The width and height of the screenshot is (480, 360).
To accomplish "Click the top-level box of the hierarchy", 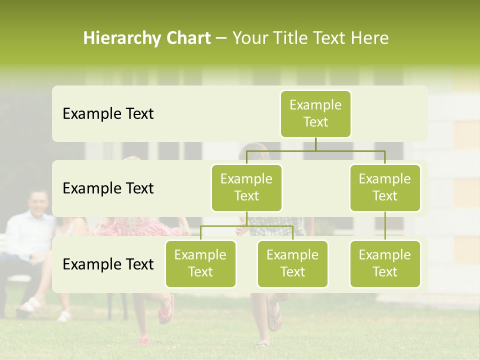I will [x=315, y=114].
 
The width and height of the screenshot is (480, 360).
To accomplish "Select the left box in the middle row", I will [x=246, y=188].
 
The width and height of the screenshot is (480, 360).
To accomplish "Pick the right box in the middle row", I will [x=385, y=188].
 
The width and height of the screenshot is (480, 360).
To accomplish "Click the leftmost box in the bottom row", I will [x=200, y=264].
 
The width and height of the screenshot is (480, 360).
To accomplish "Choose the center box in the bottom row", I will [x=292, y=264].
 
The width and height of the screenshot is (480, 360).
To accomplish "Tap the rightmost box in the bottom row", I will [x=385, y=264].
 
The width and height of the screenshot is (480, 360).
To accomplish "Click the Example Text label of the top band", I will [x=108, y=114].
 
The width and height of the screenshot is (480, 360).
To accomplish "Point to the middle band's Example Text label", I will [x=108, y=188].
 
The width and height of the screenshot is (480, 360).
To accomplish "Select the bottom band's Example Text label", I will [x=108, y=264].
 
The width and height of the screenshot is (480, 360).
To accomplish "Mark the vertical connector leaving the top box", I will [x=315, y=144].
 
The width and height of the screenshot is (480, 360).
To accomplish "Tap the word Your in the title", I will [x=249, y=38].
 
